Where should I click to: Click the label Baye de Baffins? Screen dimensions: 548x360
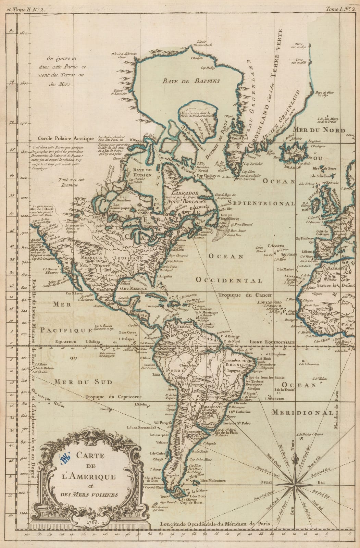click(191, 81)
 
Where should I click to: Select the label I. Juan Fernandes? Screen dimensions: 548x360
click(141, 427)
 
